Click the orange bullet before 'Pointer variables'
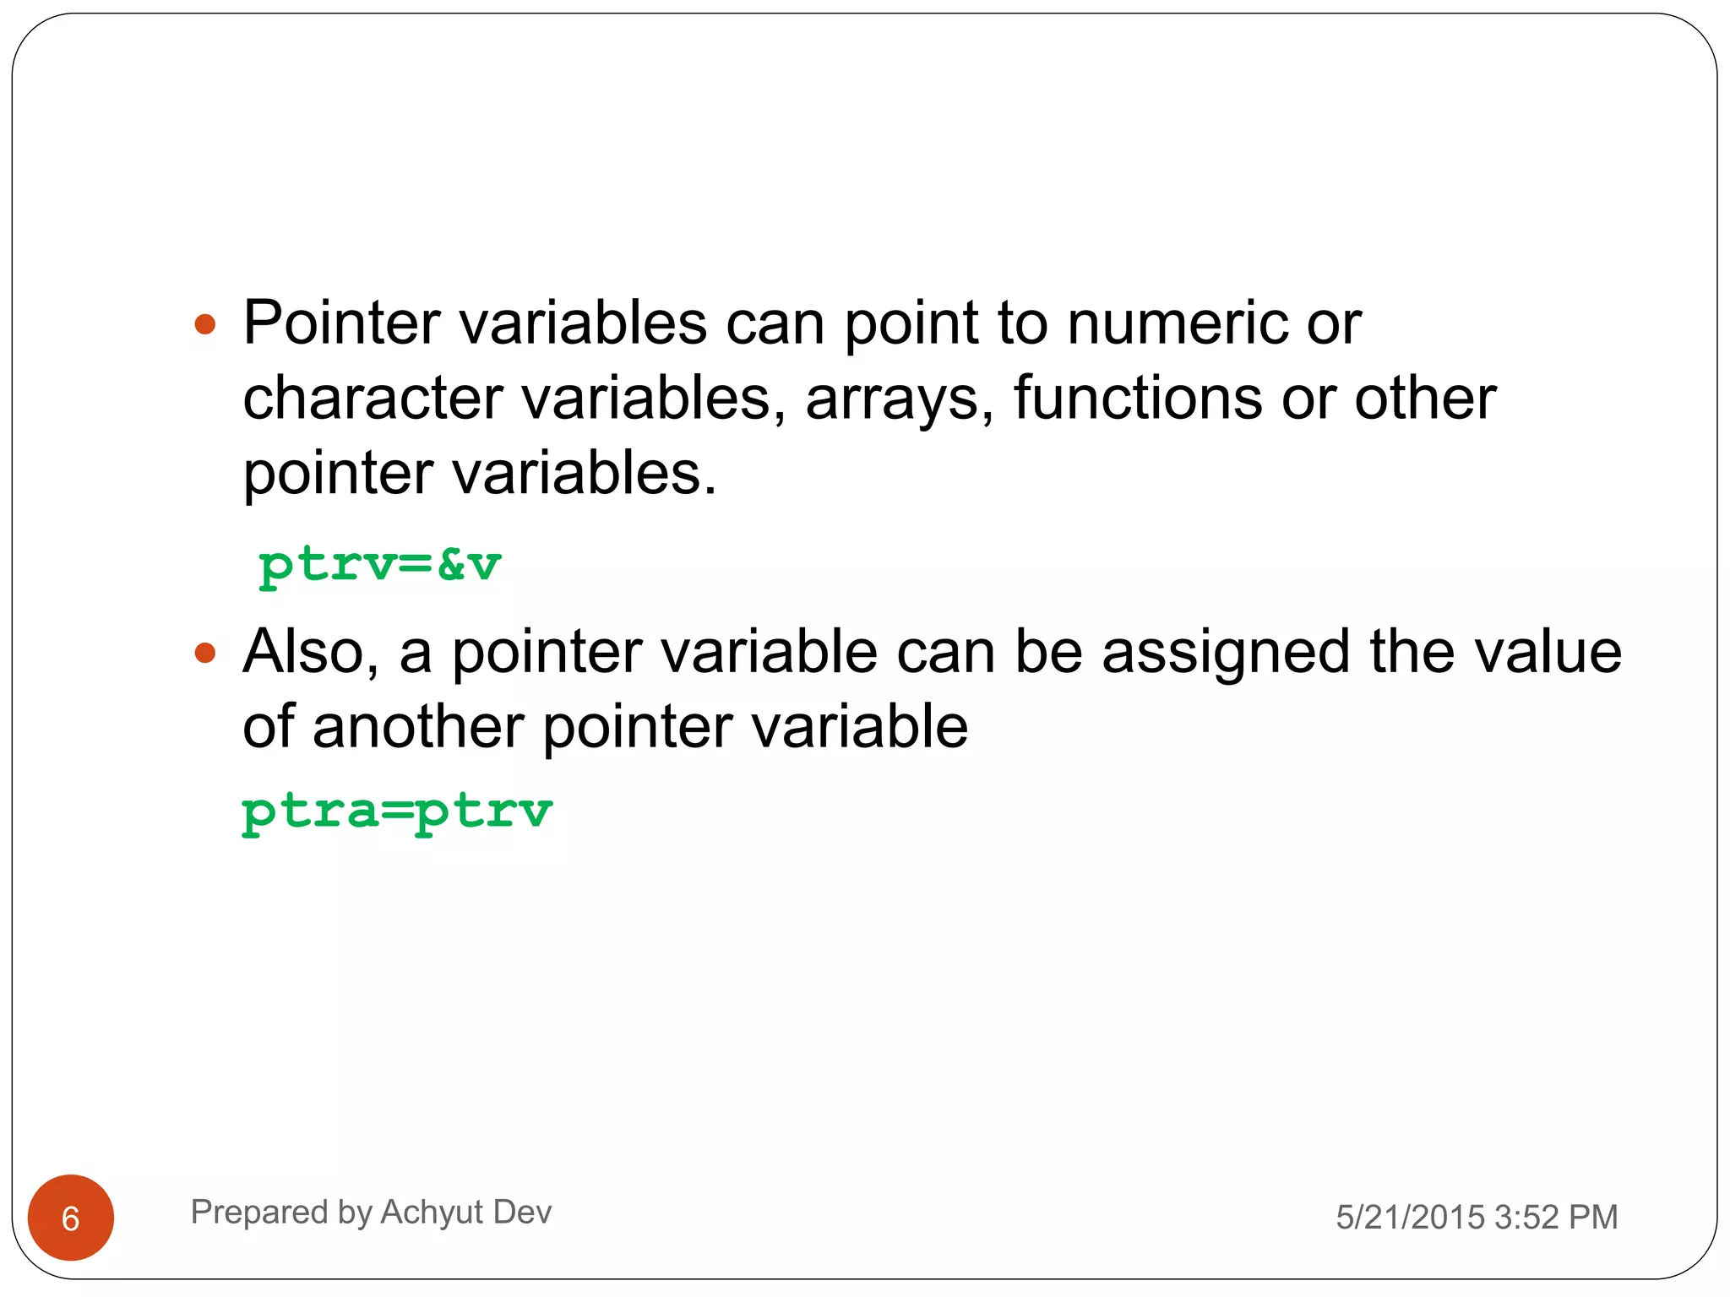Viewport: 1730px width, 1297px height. tap(205, 324)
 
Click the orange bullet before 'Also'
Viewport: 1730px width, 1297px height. tap(205, 653)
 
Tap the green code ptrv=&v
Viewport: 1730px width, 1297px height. tap(379, 565)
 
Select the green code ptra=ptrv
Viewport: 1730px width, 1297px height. tap(397, 811)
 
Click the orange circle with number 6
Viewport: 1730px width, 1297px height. tap(71, 1218)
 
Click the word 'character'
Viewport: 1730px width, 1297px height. tap(373, 399)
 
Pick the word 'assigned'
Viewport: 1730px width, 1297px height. tap(1225, 653)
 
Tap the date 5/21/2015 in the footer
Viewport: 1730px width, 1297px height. tap(1410, 1218)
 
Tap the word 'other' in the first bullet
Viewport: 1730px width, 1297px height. tap(1425, 399)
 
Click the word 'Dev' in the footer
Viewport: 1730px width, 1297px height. tap(522, 1213)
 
